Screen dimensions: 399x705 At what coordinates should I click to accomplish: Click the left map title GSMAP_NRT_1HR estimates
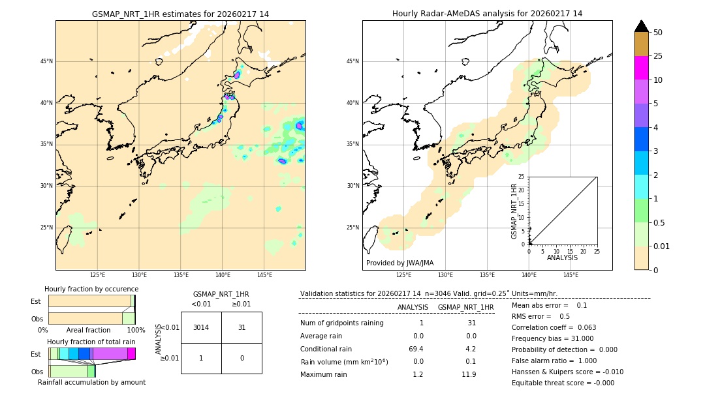coord(180,14)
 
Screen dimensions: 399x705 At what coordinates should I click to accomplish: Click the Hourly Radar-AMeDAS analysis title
coord(487,14)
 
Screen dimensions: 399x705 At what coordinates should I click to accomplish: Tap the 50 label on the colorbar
coord(658,33)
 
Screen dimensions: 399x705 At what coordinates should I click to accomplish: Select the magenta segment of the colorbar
coord(641,68)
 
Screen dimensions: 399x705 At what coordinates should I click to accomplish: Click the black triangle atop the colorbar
coord(641,26)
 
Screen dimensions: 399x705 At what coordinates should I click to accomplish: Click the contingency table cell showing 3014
coord(201,327)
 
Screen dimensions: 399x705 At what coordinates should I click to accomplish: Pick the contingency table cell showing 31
coord(242,327)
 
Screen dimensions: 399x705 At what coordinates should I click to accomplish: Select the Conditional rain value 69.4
coord(416,349)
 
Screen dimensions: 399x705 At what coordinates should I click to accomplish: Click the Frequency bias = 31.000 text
coord(552,338)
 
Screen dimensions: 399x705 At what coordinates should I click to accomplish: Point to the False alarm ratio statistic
coord(554,361)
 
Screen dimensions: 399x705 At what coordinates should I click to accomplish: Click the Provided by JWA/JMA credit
coord(399,263)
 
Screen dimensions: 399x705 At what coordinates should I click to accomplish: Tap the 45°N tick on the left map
coord(46,61)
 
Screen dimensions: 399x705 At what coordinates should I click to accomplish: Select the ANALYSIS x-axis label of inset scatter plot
coord(562,258)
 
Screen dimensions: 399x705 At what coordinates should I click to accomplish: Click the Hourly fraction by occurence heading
coord(91,289)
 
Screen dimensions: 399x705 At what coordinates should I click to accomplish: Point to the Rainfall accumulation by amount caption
coord(91,382)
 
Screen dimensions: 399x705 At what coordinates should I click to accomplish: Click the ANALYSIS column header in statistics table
coord(413,307)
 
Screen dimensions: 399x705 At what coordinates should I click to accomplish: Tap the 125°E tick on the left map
coord(98,275)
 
